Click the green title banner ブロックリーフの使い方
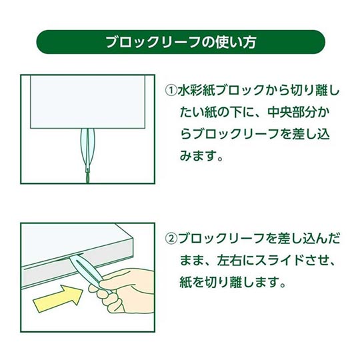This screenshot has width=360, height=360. click(181, 42)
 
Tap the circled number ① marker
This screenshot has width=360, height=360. click(171, 91)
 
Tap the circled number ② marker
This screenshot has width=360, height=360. click(171, 239)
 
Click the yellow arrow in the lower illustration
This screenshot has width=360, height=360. click(58, 298)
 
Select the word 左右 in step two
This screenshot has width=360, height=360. click(230, 261)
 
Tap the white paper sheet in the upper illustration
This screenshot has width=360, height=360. click(87, 102)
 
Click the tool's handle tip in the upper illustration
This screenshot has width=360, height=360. click(87, 177)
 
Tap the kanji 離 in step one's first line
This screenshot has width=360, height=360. click(317, 91)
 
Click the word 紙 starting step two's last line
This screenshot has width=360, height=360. click(185, 283)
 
